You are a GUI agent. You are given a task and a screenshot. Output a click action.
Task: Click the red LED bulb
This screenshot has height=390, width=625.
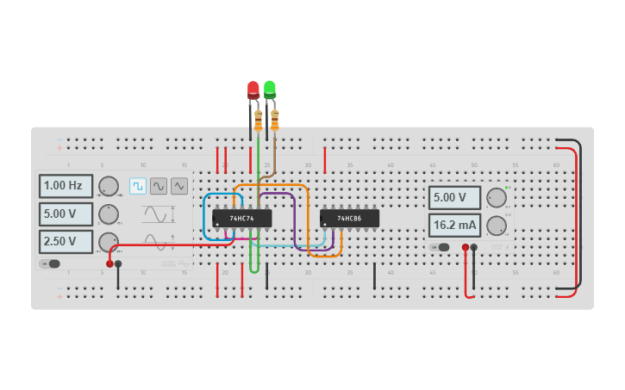coord(253,89)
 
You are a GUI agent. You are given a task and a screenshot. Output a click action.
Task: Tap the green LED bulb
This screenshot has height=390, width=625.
coord(270,88)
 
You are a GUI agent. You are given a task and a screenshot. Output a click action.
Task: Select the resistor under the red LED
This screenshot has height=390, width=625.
coord(258,121)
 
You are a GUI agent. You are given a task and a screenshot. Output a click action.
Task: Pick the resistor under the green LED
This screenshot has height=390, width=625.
coord(275,120)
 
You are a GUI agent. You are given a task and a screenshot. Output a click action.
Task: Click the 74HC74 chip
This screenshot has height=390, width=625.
coord(241,219)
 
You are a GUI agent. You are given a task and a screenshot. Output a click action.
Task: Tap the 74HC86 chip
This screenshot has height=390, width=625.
coord(349,219)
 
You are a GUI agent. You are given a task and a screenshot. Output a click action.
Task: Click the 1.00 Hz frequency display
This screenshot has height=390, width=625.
coord(66,186)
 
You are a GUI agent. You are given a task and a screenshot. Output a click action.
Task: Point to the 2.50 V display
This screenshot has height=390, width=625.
coord(66,242)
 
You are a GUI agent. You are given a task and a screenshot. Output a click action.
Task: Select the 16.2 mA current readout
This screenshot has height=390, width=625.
coord(454,226)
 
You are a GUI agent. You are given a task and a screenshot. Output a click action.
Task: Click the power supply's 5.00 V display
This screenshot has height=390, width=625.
coord(454,198)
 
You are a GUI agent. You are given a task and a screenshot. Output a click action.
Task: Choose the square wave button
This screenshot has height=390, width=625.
coord(138,186)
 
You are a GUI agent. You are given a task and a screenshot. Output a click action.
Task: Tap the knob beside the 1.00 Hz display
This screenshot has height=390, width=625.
coord(109,186)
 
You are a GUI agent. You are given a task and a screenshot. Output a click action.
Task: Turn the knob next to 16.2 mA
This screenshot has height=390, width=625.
coord(497,226)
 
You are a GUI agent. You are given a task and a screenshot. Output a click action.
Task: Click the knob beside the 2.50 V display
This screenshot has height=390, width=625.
coord(109,242)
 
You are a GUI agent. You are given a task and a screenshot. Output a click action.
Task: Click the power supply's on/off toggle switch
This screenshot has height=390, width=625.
coord(442,247)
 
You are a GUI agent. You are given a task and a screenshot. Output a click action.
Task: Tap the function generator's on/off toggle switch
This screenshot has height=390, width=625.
coord(51,263)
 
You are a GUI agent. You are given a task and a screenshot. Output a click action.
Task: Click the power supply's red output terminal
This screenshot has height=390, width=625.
coord(466,248)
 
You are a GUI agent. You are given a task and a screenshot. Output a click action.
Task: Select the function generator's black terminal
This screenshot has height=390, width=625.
coord(118,263)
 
